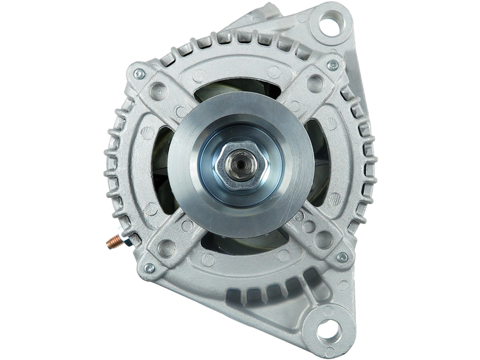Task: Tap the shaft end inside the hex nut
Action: click(x=241, y=163)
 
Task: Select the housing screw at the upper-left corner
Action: click(x=139, y=74)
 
